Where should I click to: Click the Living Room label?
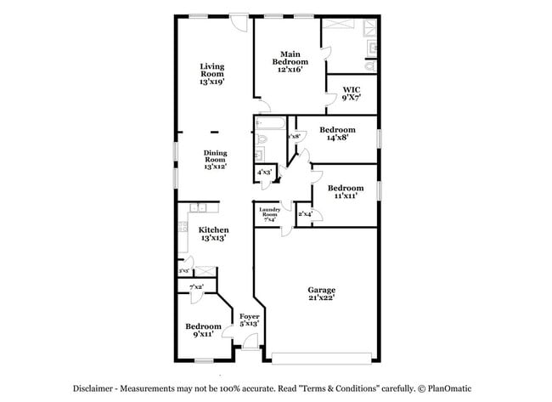point(212,74)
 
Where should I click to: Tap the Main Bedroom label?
point(290,61)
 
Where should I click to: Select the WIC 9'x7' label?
point(352,93)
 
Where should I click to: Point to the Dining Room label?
point(214,160)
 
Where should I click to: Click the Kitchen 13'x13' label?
point(213,234)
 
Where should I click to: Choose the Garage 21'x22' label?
point(321,293)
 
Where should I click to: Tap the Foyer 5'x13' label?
point(249,320)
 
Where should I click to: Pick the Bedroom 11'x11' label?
point(345,191)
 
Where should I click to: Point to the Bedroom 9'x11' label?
point(203,331)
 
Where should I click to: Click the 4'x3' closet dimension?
point(264,173)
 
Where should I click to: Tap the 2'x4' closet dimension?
point(305,214)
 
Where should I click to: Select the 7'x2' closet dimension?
point(196,287)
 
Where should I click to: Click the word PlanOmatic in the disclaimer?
point(447,388)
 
